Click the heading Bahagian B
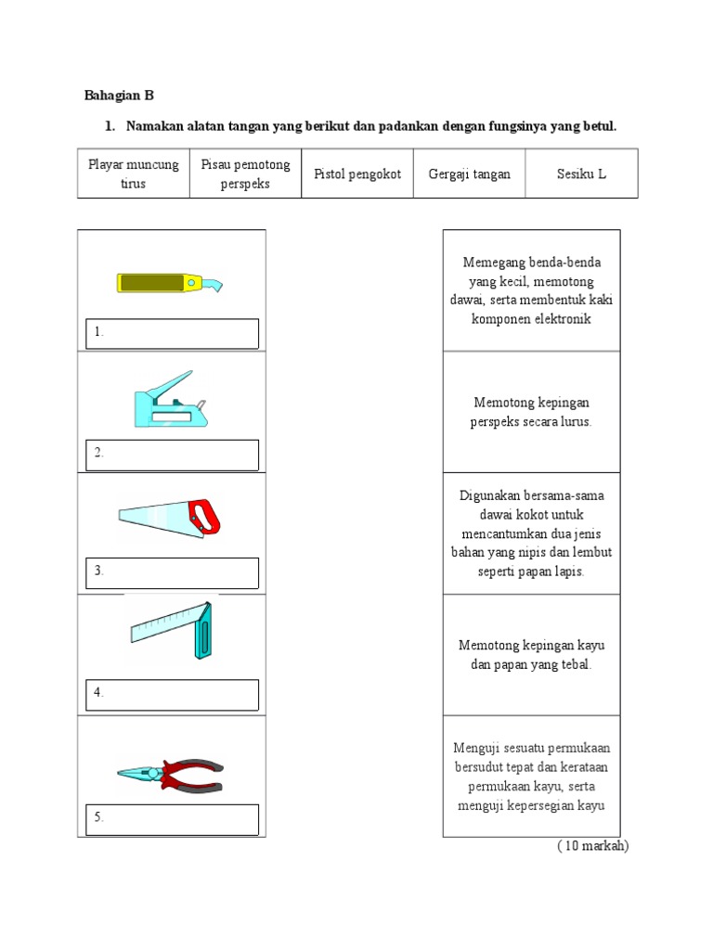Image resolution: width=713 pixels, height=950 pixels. pos(119,95)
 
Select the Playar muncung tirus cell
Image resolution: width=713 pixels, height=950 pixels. pos(133,173)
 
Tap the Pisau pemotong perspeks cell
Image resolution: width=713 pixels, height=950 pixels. pos(245,173)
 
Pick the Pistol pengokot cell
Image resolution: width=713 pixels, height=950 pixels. pos(357,174)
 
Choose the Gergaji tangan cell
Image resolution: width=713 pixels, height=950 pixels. pos(469,174)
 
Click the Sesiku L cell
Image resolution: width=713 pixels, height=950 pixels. pos(581,174)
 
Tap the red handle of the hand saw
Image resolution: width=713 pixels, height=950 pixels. pos(205,517)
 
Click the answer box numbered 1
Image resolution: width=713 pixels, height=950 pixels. pos(174,334)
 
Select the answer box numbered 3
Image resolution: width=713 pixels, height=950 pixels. pos(174,572)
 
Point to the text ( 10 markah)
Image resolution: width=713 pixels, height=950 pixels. pos(592,846)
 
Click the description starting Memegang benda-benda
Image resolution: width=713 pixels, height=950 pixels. pos(532,290)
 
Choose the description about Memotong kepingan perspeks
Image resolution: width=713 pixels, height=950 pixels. pos(532,412)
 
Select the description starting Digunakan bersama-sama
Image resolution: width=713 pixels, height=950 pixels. pos(532,533)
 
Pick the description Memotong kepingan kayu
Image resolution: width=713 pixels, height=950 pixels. pos(532,655)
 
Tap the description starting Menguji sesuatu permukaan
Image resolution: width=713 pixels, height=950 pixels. pos(532,777)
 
